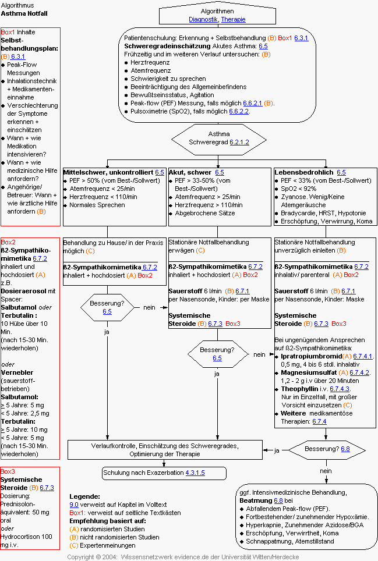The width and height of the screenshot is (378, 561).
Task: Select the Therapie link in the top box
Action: tap(233, 19)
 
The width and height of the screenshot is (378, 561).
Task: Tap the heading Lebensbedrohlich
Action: tap(304, 173)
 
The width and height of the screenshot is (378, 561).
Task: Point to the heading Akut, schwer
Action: tap(190, 173)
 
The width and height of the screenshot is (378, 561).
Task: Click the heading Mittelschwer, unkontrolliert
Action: tap(108, 173)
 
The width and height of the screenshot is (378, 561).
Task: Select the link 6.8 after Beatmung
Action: tap(278, 500)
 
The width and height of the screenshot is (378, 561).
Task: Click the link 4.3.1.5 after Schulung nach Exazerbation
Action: tap(195, 473)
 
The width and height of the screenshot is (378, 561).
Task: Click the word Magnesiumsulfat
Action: tap(309, 372)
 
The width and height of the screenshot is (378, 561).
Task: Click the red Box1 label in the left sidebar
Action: tap(8, 33)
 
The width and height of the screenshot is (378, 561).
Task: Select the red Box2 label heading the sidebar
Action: tap(9, 242)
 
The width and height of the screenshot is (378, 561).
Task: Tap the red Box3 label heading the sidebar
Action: tap(9, 471)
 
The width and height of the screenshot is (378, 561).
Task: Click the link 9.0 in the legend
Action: tap(74, 505)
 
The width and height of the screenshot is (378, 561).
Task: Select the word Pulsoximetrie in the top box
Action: tap(150, 111)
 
